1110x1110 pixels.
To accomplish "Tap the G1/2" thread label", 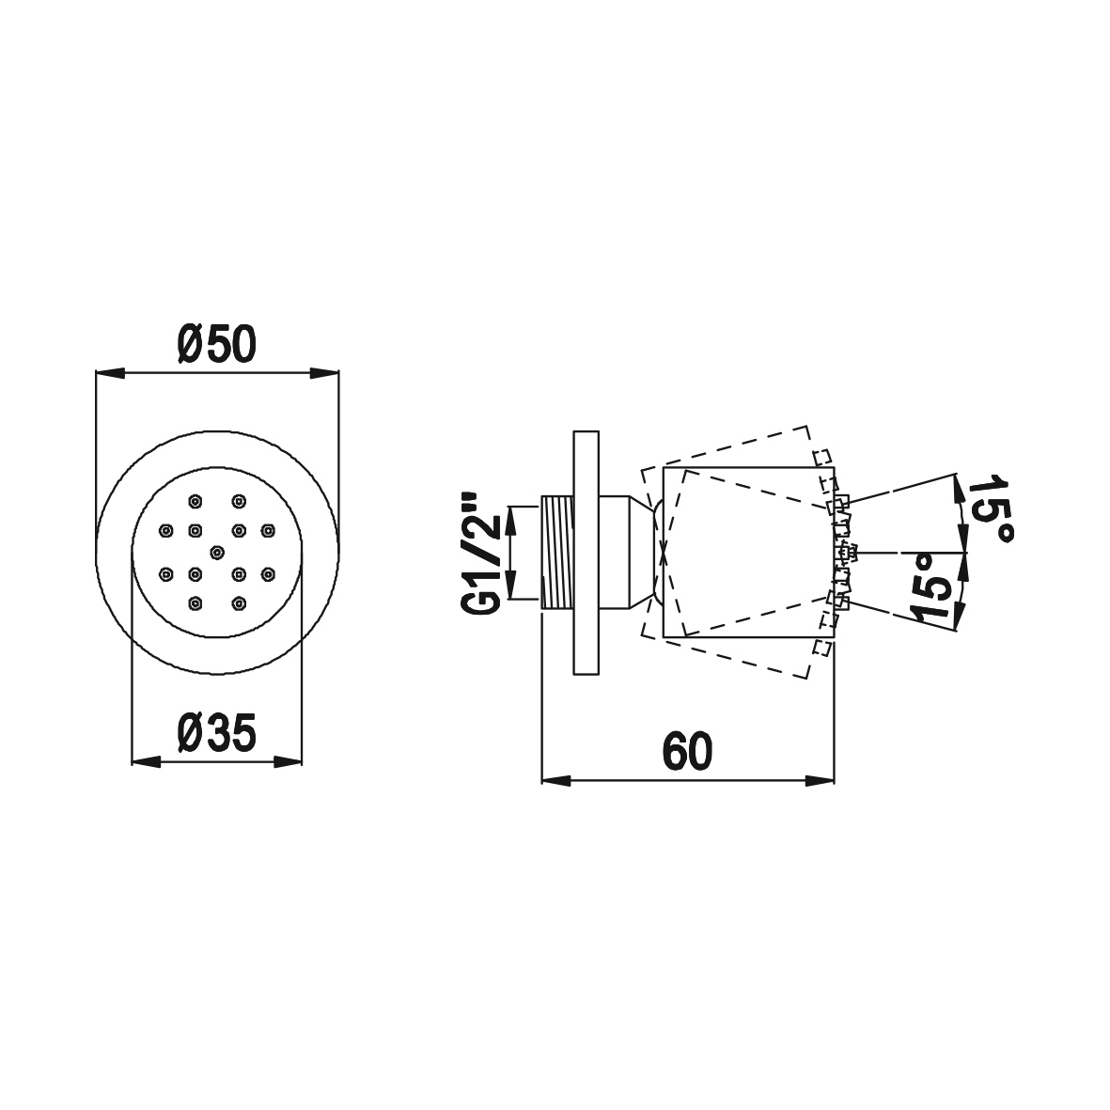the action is pos(481,555).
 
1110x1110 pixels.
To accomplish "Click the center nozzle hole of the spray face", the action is pos(216,552).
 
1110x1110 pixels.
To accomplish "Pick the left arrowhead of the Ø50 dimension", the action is pos(110,373).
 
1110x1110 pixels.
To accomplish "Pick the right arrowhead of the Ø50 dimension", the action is pos(323,373).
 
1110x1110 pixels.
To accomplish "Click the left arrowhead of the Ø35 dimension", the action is pos(147,761).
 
